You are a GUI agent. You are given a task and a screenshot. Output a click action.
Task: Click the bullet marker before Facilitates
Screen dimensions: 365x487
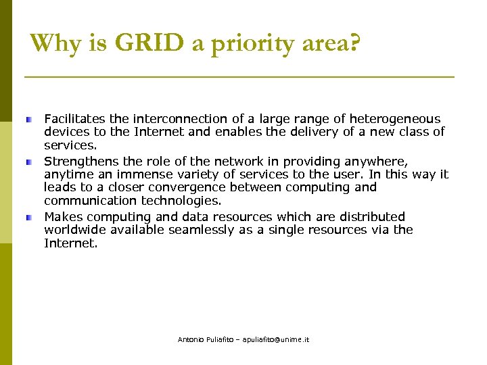(30, 119)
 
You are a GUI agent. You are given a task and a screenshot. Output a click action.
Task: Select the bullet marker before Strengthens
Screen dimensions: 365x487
(30, 162)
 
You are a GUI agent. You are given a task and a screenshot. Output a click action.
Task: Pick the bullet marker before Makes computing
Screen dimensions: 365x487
(30, 218)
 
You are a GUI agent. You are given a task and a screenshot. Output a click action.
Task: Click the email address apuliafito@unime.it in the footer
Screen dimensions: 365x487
(271, 339)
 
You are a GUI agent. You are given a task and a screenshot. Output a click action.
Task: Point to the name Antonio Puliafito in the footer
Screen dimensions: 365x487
(202, 339)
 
